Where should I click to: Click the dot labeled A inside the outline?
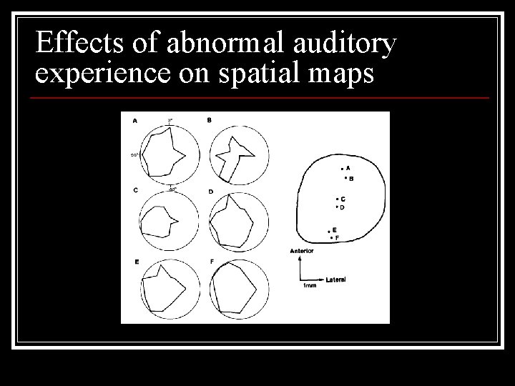(342, 169)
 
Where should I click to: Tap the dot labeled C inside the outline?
(336, 199)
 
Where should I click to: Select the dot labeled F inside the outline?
(331, 237)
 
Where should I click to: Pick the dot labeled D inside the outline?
(336, 207)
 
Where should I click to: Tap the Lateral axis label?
(335, 279)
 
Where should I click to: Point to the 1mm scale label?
(310, 286)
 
